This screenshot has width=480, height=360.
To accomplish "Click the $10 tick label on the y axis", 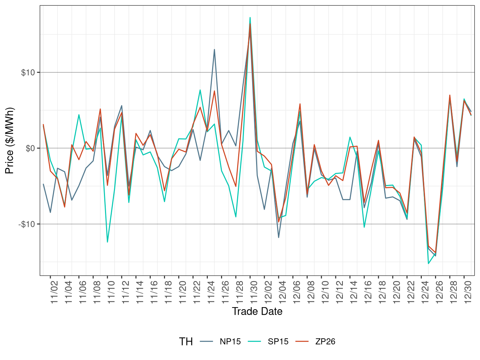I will click(28, 72).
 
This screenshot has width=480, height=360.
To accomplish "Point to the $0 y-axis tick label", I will click(30, 148).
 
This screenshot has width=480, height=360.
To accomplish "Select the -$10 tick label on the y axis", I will click(27, 224).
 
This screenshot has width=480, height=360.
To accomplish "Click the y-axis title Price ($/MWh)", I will click(10, 141).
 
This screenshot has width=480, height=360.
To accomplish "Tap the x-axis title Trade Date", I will click(257, 311).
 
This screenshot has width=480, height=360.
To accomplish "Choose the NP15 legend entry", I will click(230, 341).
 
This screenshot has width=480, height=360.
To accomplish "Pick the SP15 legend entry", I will click(278, 341).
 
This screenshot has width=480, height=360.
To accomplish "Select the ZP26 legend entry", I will click(325, 341).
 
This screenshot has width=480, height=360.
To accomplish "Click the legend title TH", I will click(186, 342).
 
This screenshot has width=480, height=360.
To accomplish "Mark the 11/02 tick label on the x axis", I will click(54, 292).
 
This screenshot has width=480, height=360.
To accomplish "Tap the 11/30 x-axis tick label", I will click(254, 292).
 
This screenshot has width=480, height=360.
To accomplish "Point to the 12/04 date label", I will click(282, 292).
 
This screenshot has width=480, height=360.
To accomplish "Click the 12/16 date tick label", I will click(368, 292).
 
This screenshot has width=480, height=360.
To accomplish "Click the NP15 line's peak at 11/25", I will click(214, 49).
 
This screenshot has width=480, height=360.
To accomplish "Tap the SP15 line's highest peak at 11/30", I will click(250, 17).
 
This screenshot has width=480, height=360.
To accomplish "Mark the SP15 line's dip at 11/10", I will click(107, 242).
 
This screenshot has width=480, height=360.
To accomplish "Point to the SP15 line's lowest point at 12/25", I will click(429, 264).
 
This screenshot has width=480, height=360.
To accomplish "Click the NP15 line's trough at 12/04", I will click(279, 237).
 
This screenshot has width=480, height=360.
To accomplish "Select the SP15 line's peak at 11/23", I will click(200, 90).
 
